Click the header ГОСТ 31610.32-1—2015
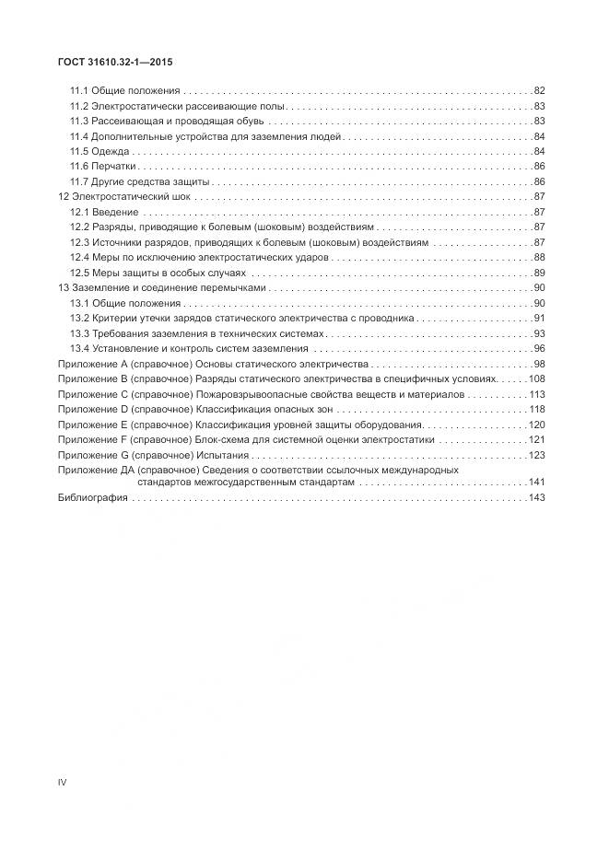115,63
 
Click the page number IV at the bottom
63,783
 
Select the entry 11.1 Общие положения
125,91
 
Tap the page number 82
540,91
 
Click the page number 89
540,273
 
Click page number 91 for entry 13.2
540,318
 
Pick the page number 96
540,348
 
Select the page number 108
537,378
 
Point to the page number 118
537,409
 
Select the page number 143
537,498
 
